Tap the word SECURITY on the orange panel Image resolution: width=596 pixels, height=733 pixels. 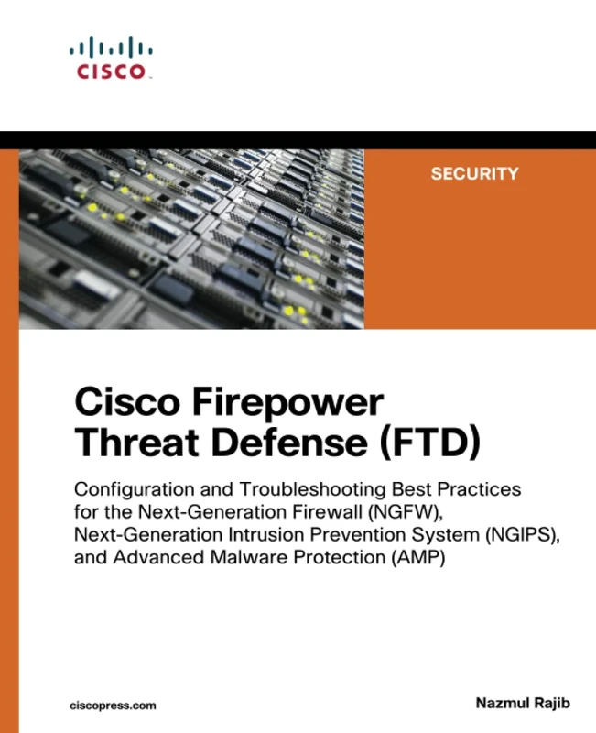(474, 173)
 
